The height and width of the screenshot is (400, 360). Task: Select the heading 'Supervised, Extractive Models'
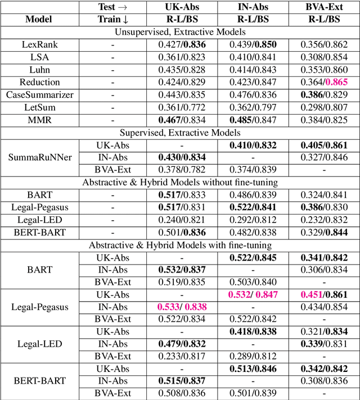(179, 132)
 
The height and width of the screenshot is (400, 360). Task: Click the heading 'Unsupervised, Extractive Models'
(179, 31)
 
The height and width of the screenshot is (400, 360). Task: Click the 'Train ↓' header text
(112, 20)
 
